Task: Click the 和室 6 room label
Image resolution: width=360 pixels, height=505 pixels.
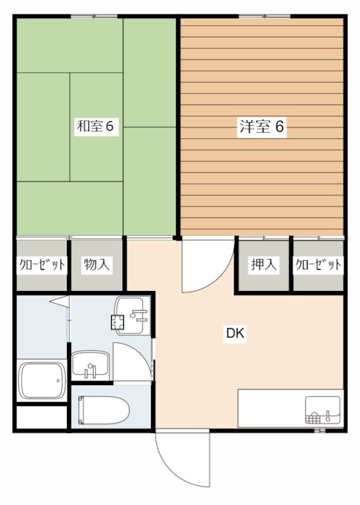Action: tap(95, 126)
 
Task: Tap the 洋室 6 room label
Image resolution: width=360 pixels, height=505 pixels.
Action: tap(261, 127)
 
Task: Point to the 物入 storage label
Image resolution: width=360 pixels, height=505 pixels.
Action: tap(96, 264)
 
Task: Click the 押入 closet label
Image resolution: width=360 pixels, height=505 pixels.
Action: tap(263, 264)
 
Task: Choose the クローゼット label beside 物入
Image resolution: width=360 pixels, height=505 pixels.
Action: tap(41, 264)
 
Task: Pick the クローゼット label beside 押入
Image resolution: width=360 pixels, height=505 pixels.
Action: tap(318, 264)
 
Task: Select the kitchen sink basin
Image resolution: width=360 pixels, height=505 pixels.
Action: tap(323, 410)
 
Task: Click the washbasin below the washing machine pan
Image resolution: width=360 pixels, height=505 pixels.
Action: tap(92, 365)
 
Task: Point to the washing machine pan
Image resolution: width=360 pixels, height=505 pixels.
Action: tap(131, 314)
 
